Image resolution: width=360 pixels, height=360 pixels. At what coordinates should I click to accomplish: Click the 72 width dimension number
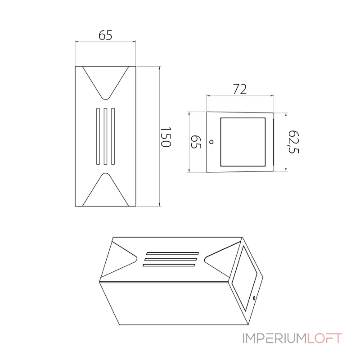[x=240, y=89]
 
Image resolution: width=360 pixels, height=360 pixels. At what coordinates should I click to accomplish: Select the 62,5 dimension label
[x=293, y=142]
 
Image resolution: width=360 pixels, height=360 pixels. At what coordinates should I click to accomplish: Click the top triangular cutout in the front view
[x=105, y=80]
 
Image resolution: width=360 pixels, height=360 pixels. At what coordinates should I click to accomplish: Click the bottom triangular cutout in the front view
[x=105, y=191]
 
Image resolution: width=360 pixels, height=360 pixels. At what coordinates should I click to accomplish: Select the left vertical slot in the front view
[x=97, y=136]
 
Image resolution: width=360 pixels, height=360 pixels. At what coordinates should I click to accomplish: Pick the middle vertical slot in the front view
[x=105, y=136]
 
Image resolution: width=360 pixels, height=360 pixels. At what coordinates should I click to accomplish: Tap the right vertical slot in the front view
[x=113, y=136]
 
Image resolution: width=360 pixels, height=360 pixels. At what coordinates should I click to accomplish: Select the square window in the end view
[x=242, y=141]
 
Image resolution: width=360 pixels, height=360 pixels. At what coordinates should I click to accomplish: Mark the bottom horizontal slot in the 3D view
[x=169, y=265]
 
